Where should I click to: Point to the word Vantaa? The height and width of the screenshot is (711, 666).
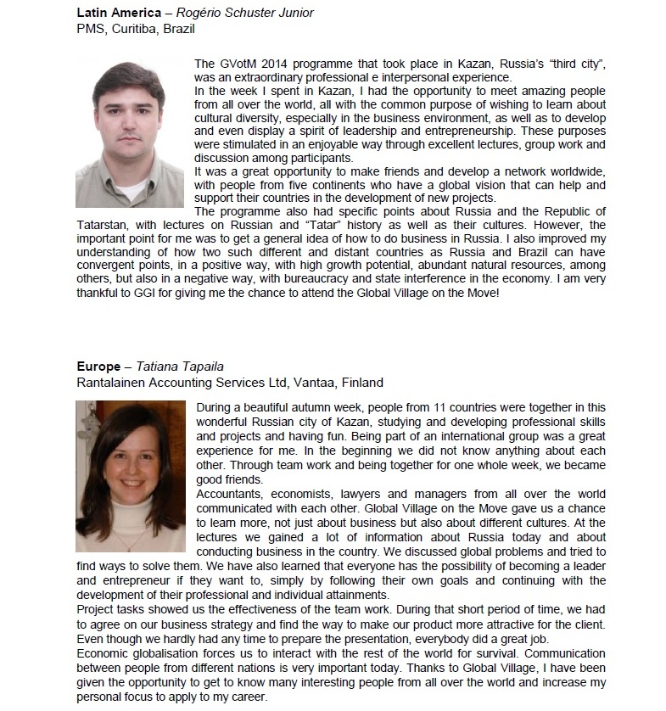point(313,382)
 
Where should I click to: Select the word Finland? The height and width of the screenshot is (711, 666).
point(360,382)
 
